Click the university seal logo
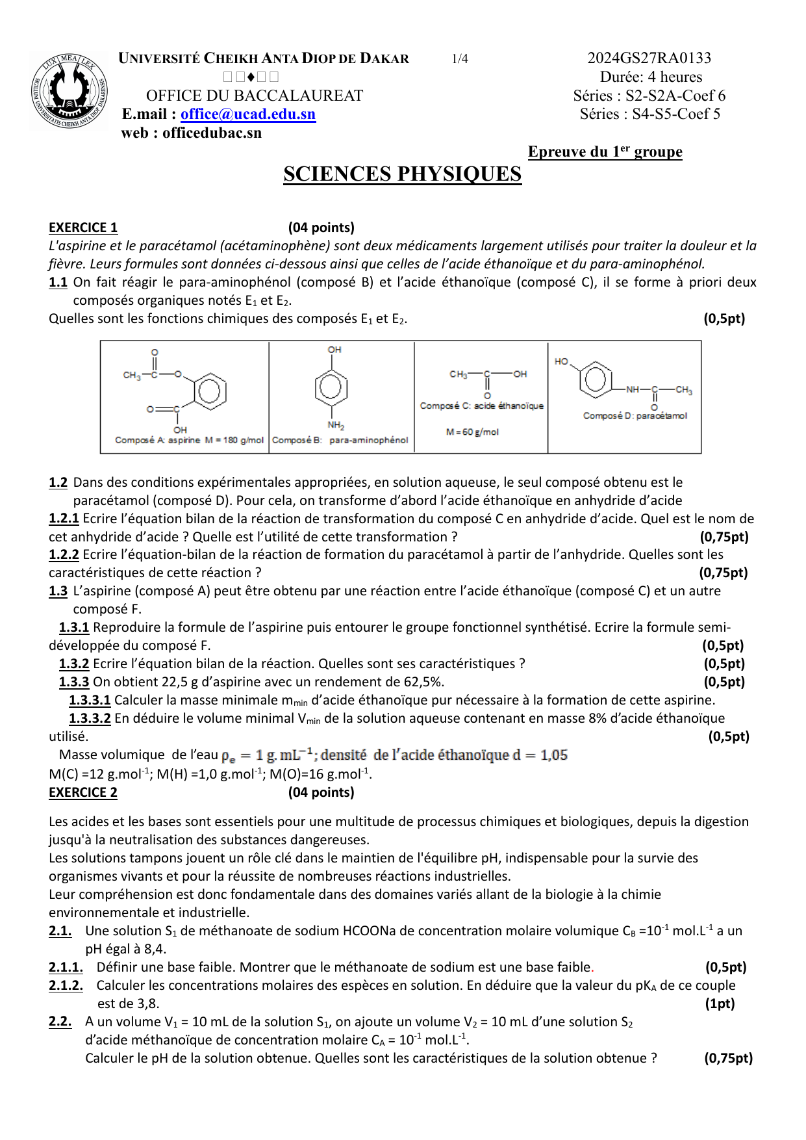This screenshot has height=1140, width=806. click(x=69, y=92)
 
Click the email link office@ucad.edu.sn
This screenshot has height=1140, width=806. click(x=248, y=114)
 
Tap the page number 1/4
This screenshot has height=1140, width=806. click(x=460, y=59)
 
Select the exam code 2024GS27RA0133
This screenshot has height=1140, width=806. click(x=649, y=58)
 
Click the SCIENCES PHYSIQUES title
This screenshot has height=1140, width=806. click(x=402, y=174)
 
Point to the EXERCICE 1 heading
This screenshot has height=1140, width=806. click(x=83, y=227)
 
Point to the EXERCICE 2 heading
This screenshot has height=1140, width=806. click(x=83, y=792)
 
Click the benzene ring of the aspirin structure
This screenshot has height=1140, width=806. click(x=209, y=391)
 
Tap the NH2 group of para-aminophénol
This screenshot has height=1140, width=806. click(x=336, y=425)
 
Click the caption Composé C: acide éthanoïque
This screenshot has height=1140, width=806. click(x=481, y=406)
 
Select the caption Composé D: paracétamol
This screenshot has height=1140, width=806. click(x=635, y=415)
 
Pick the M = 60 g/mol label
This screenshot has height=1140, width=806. click(x=472, y=432)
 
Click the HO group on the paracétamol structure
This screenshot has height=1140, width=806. click(x=562, y=361)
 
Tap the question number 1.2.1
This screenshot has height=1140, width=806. click(x=64, y=519)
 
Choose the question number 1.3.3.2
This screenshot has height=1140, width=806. click(x=90, y=718)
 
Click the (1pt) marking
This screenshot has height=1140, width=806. click(x=720, y=1004)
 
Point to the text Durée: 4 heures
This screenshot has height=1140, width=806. click(x=651, y=77)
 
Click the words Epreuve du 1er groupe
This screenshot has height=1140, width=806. click(x=605, y=152)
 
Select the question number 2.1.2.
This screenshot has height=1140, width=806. click(x=66, y=985)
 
